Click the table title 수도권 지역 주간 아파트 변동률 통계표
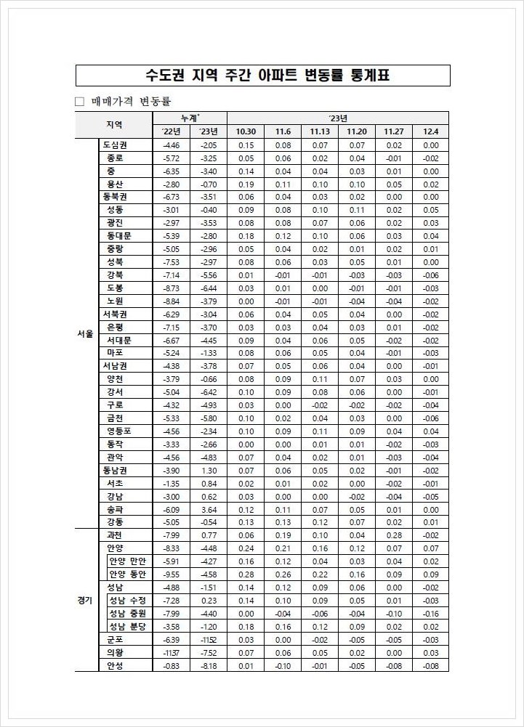point(262,76)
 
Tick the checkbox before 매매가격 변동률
point(79,102)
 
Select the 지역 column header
point(113,124)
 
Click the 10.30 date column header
point(246,131)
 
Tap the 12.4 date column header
point(431,131)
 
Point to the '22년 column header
point(172,131)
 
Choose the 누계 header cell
point(190,118)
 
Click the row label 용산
point(115,184)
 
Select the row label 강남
point(115,496)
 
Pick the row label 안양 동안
point(127,574)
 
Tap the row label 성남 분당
point(127,626)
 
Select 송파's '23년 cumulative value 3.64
point(209,509)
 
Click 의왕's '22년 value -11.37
point(172,652)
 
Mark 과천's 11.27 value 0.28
point(394,535)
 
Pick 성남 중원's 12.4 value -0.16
point(431,613)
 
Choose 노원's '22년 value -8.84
point(172,301)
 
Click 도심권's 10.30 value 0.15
point(246,145)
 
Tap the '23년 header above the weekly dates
point(338,118)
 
